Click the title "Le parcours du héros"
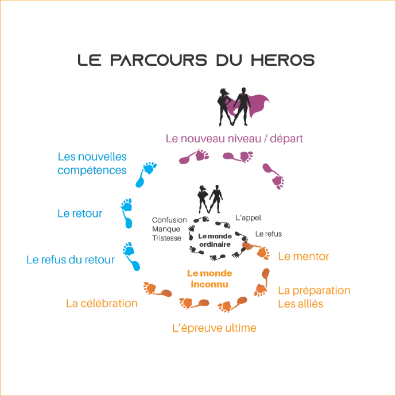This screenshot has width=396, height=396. (195, 59)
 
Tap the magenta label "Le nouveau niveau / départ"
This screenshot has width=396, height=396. (236, 138)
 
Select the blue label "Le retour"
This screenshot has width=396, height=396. (79, 213)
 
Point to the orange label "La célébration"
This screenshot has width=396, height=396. (101, 302)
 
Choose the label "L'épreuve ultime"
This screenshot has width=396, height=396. (214, 328)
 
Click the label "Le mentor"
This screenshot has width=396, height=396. (303, 257)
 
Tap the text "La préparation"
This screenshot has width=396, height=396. (314, 290)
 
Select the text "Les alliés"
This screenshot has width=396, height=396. (301, 304)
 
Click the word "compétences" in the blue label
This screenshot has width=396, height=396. (92, 170)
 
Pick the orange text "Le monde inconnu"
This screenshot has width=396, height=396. (208, 279)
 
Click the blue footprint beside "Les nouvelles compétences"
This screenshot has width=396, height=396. (145, 174)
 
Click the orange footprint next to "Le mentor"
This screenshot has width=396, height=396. (257, 250)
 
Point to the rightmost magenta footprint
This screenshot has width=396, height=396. (274, 176)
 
